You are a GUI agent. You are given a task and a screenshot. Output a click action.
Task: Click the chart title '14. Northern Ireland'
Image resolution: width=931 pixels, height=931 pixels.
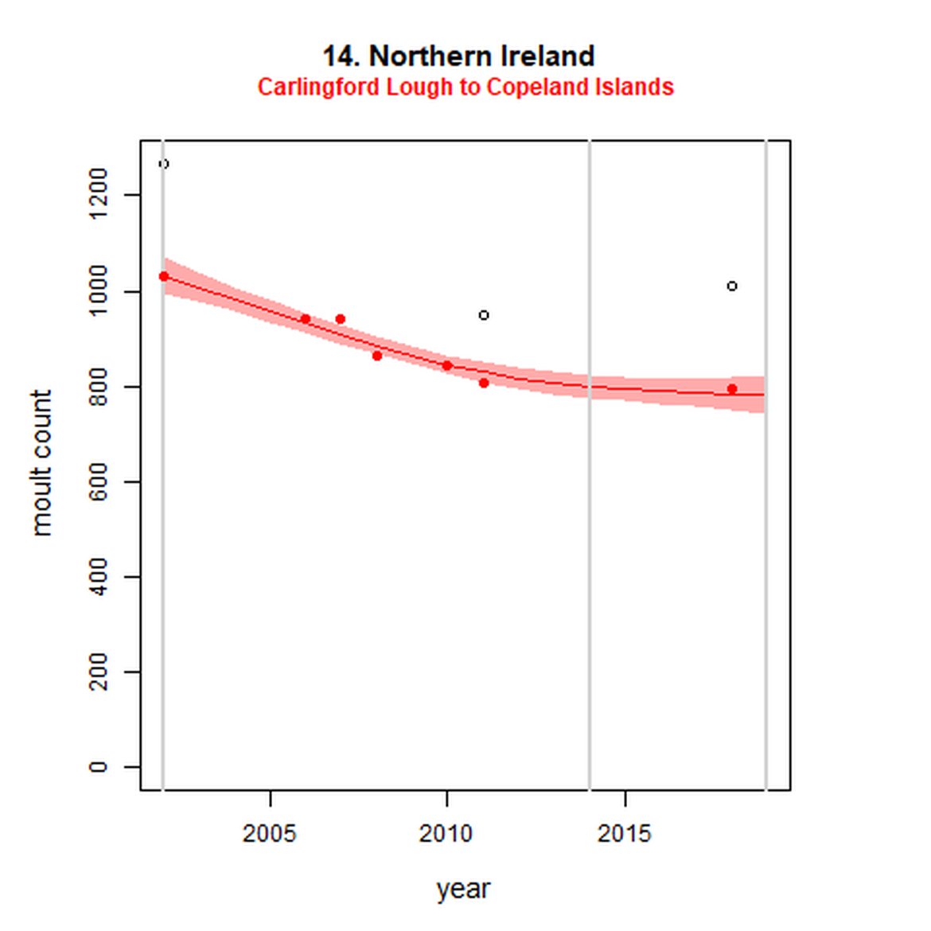458,56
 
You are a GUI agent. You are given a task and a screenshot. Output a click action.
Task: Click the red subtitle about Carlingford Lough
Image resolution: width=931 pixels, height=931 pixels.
465,87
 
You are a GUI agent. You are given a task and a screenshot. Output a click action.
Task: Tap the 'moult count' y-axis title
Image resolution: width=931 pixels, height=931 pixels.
41,462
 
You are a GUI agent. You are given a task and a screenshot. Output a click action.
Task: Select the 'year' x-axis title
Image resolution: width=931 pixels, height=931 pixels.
463,888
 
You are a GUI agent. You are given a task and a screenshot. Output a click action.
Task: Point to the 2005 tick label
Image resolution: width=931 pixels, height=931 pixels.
270,833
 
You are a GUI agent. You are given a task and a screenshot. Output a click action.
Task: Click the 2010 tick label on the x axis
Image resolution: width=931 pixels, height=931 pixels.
446,833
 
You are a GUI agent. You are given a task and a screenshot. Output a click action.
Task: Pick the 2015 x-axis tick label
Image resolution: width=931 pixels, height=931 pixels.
625,833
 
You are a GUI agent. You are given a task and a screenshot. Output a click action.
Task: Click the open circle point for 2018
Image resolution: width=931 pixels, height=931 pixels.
732,286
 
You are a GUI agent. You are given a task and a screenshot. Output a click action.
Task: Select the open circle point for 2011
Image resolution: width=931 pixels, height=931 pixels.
484,315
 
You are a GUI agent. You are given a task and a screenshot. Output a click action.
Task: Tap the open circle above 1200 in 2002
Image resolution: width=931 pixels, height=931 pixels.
164,164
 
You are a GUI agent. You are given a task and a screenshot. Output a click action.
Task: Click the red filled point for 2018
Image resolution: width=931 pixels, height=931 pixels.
732,389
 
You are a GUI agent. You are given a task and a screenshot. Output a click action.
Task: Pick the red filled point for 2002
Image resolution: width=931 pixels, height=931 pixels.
164,276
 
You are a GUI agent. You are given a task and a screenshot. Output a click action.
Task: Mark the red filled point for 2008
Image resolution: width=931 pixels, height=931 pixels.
377,356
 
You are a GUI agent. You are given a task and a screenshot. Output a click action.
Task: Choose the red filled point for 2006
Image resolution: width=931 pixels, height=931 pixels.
306,319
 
